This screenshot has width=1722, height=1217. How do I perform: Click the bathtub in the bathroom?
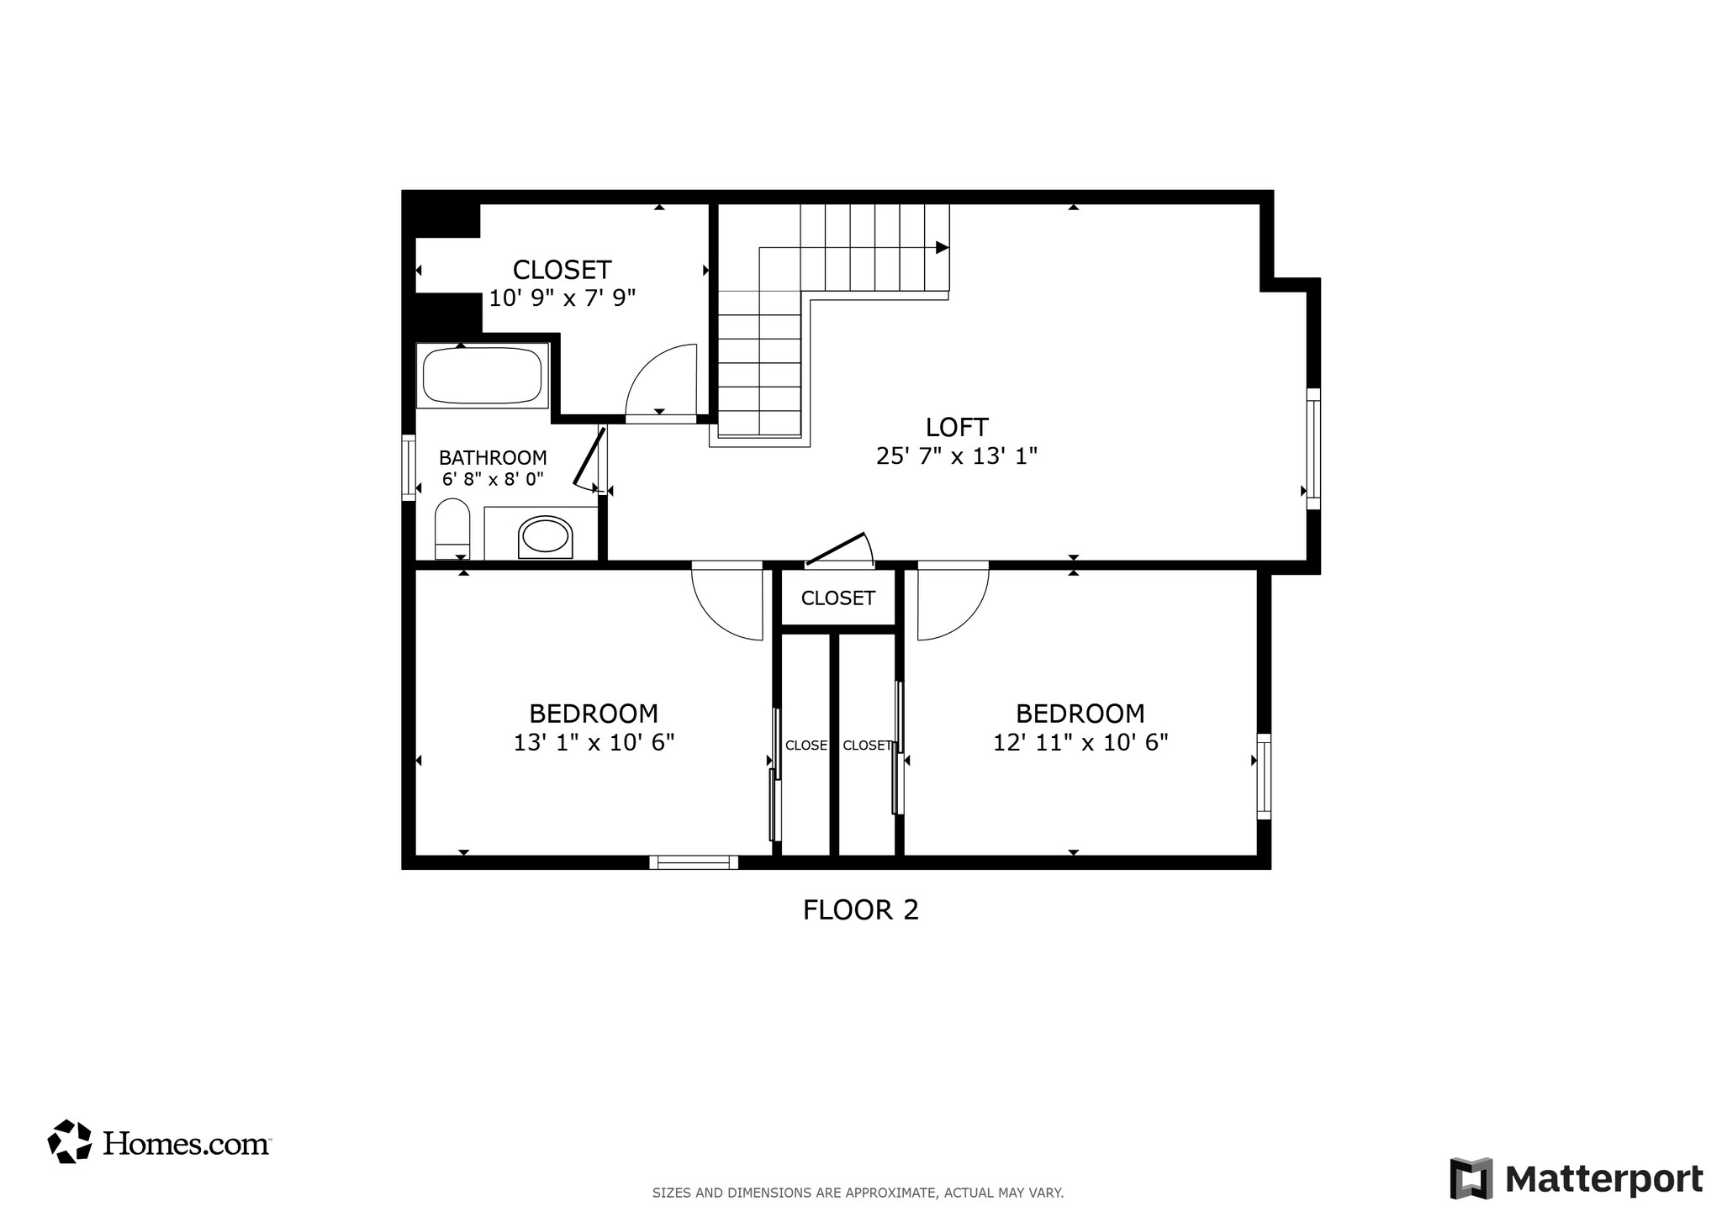pos(482,376)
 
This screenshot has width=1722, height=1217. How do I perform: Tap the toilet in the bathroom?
pos(452,529)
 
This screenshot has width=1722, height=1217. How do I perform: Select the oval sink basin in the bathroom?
pos(545,535)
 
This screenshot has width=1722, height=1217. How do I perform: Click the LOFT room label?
pos(956,428)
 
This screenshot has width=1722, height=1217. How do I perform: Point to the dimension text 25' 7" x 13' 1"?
pos(956,456)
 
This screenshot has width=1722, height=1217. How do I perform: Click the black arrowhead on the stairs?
pos(942,247)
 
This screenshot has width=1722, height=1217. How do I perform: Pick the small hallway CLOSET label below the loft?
pos(837,598)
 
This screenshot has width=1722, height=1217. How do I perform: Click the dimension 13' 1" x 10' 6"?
pos(594,743)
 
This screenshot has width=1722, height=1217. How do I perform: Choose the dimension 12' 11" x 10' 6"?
pos(1080,743)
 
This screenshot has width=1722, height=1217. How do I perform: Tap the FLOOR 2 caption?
pos(860,910)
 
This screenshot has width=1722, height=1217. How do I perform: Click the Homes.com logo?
pos(159,1142)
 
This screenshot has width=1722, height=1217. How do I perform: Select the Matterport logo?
pos(1576,1178)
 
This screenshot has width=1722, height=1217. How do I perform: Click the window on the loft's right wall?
pos(1313,449)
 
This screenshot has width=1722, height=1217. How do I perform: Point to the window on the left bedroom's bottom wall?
pos(694,862)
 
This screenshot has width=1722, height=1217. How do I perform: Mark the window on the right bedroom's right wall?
pos(1263,776)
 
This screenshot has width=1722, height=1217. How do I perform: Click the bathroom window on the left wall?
pos(409,467)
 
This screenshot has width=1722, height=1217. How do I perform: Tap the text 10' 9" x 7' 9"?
pos(562,298)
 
